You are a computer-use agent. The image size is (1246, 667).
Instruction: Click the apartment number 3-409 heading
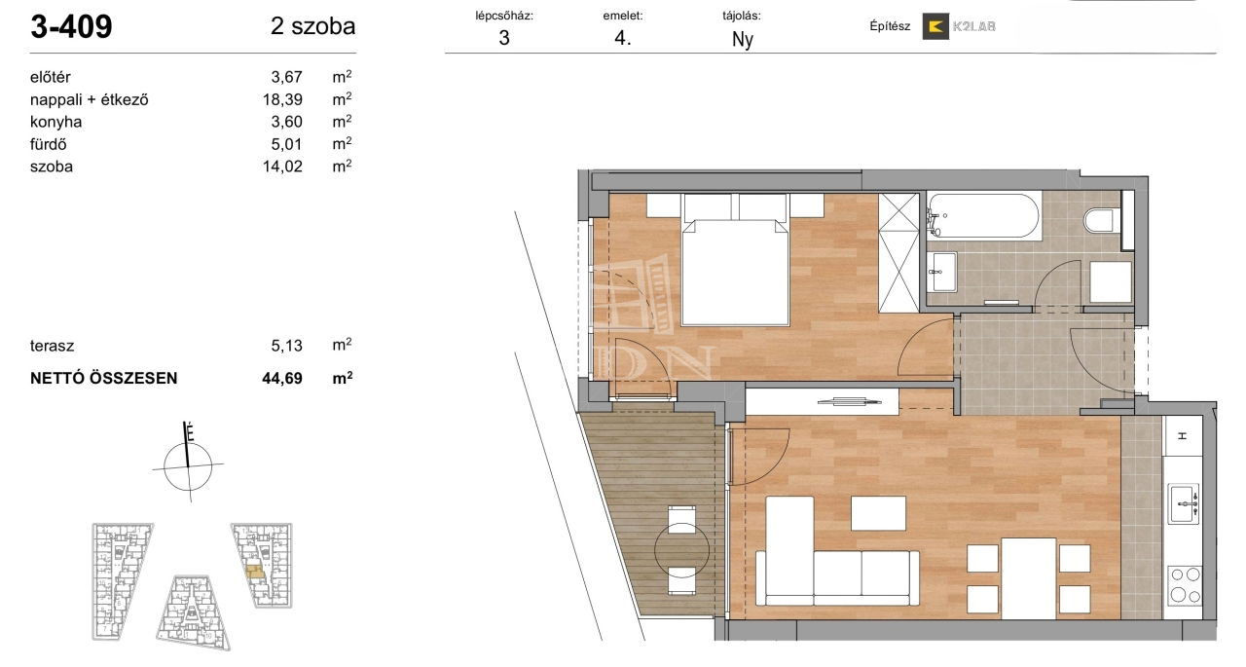click(x=71, y=26)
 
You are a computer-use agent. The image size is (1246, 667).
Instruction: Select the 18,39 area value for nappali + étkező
click(x=282, y=99)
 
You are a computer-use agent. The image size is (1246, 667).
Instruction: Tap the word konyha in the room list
click(x=55, y=122)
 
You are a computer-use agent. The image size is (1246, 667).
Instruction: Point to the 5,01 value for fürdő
click(x=286, y=144)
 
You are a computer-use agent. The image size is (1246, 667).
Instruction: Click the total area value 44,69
click(x=282, y=378)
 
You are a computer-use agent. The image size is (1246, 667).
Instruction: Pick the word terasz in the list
click(x=52, y=346)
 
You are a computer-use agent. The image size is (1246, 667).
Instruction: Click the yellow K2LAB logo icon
click(x=935, y=26)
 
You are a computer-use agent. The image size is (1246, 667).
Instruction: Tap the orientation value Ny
click(x=743, y=40)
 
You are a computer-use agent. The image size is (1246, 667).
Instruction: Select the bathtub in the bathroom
click(x=984, y=216)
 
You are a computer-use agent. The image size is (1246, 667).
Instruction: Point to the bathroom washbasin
click(x=942, y=272)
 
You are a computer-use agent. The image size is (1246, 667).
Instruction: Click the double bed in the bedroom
click(x=735, y=260)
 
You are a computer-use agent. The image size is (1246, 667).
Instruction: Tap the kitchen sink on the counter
click(x=1183, y=503)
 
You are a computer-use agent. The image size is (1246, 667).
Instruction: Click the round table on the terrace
click(x=681, y=550)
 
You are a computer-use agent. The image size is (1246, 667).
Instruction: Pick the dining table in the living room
click(x=1029, y=578)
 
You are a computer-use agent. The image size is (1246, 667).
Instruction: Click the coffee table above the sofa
click(x=878, y=513)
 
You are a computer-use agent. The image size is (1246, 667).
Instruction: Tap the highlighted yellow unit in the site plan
click(x=255, y=572)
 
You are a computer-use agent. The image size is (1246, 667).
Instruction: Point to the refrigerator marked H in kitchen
click(x=1182, y=436)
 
